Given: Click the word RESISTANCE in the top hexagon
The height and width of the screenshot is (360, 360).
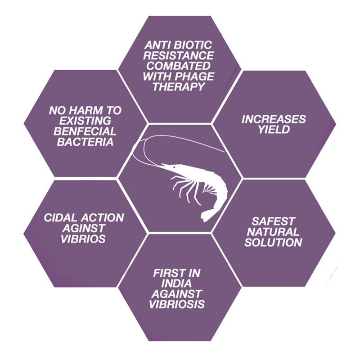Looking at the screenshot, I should pyautogui.click(x=180, y=56).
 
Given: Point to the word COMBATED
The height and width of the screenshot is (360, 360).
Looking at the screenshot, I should pyautogui.click(x=180, y=66).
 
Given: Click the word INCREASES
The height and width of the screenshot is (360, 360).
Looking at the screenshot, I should pyautogui.click(x=274, y=120).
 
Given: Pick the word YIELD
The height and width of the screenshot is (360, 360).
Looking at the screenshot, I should pyautogui.click(x=274, y=130).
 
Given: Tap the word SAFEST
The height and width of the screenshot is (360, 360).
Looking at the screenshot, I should pyautogui.click(x=274, y=221).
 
